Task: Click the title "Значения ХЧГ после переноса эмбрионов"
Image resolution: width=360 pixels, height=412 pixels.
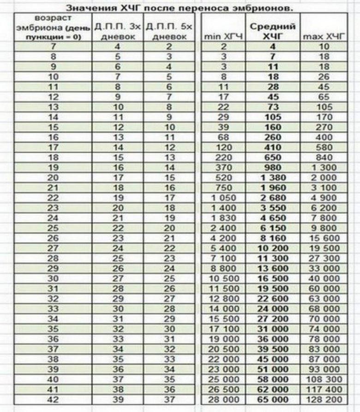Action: click(180, 8)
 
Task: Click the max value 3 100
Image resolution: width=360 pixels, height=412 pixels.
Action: click(323, 188)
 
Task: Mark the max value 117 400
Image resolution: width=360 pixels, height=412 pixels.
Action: click(323, 389)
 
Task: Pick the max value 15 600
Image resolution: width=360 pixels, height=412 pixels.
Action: click(323, 238)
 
